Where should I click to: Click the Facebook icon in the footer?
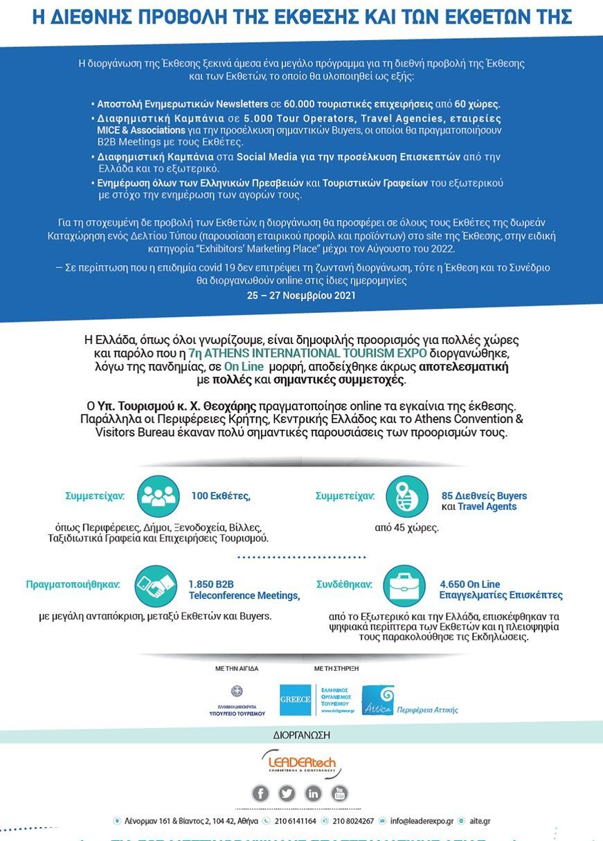(260, 793)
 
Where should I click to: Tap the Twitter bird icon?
(287, 793)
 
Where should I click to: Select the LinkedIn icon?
(313, 793)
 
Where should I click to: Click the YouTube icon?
(339, 793)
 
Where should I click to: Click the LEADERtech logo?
(302, 763)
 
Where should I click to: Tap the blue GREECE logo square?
(295, 700)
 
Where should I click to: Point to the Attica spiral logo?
(378, 700)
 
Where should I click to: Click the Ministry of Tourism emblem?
(237, 691)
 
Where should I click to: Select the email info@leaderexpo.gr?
(422, 821)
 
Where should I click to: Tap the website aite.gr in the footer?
(480, 821)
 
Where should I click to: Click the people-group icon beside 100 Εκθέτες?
(159, 496)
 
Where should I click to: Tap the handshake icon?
(155, 586)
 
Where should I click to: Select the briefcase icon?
(404, 586)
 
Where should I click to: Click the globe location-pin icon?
(406, 496)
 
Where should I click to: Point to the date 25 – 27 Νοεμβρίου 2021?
(301, 295)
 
